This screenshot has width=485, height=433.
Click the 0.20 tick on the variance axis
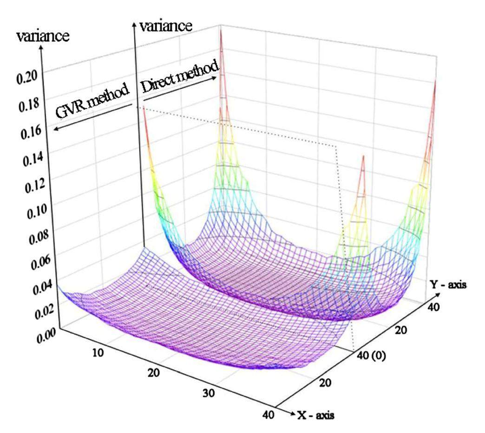pyautogui.click(x=26, y=78)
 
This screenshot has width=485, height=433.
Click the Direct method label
pyautogui.click(x=179, y=80)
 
